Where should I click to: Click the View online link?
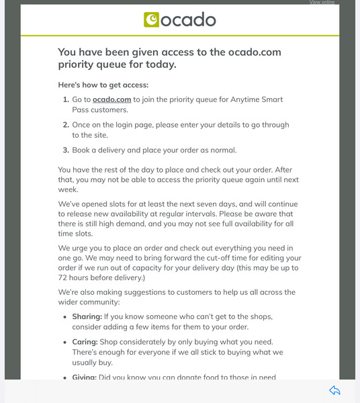(322, 2)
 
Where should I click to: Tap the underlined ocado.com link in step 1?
(111, 99)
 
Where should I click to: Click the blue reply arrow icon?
(334, 391)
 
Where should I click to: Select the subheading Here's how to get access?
(103, 85)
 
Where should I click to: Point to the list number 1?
(66, 99)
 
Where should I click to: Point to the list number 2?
(66, 125)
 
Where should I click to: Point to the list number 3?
(66, 150)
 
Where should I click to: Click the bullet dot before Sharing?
(64, 316)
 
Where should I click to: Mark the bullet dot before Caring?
(64, 342)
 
